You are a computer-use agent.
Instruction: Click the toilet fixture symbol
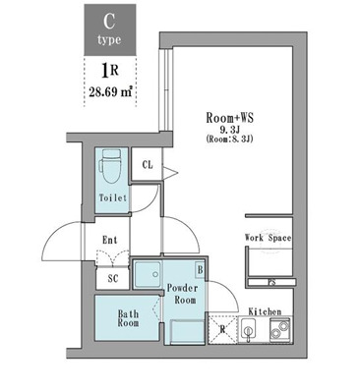(x=111, y=167)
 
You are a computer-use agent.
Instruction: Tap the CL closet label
(x=148, y=165)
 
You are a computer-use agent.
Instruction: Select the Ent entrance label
(x=109, y=240)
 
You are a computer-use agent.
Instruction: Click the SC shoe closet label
(x=113, y=279)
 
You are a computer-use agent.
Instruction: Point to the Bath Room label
(x=129, y=318)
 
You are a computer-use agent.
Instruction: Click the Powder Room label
(x=183, y=294)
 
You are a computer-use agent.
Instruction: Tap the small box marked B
(x=200, y=270)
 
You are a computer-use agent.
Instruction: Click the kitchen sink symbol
(x=249, y=330)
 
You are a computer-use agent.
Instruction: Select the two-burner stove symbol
(x=279, y=330)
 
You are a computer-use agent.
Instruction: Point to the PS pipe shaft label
(x=271, y=282)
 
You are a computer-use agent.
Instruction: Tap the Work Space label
(x=269, y=238)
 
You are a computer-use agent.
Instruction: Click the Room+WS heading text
(x=230, y=118)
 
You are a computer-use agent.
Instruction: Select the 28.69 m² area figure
(x=110, y=92)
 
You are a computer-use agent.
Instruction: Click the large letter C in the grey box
(x=109, y=22)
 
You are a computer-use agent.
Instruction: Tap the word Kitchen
(x=265, y=311)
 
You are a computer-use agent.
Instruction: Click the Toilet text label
(x=113, y=198)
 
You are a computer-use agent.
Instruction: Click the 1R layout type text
(x=110, y=71)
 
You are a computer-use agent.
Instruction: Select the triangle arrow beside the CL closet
(x=170, y=172)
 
